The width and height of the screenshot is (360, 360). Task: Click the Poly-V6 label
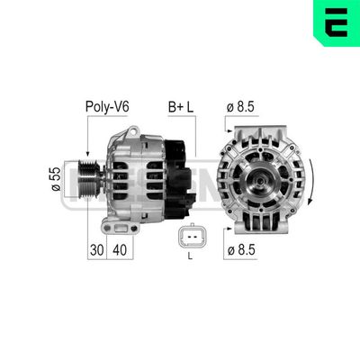[107, 106]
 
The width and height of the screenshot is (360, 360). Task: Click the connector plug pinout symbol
[190, 238]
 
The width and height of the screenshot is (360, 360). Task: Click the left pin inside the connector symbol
[185, 238]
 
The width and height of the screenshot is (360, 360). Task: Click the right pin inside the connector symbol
[194, 238]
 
